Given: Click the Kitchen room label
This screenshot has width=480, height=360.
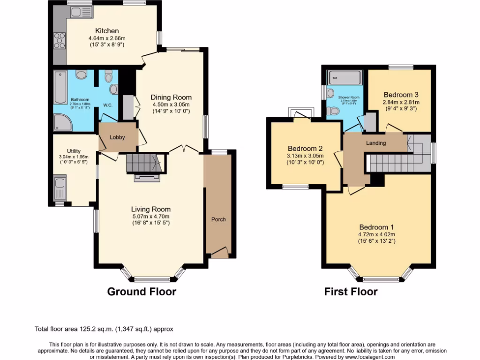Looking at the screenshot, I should click(104, 31).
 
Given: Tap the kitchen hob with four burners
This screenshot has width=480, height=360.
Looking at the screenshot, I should click(60, 41).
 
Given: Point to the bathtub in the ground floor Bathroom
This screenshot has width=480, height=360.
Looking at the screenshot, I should click(60, 87).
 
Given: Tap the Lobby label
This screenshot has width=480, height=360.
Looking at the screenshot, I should click(117, 137).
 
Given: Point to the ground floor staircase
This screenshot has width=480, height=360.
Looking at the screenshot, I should click(143, 164).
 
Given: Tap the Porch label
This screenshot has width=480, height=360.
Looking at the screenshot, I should click(218, 219).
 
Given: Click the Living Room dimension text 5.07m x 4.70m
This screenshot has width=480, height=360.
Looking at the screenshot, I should click(150, 217).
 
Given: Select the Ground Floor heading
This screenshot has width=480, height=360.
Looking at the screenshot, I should click(142, 292).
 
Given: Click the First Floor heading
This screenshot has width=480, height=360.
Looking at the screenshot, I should click(351, 292).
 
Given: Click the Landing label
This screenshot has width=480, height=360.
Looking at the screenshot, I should click(376, 143).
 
